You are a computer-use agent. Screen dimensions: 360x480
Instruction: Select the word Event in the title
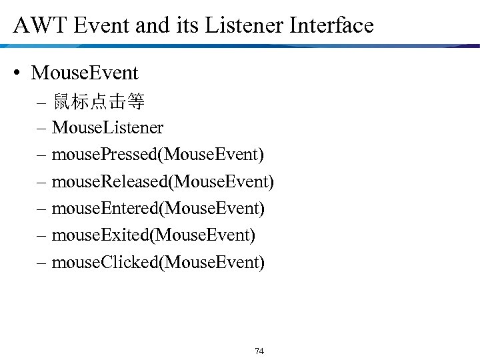(x=99, y=25)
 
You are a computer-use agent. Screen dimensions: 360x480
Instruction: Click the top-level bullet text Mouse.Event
(x=85, y=73)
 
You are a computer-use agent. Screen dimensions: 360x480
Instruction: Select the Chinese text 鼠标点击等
(x=99, y=102)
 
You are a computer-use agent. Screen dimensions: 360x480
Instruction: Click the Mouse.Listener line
(x=107, y=127)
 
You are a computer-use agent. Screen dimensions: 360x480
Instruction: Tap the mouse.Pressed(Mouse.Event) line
(x=157, y=155)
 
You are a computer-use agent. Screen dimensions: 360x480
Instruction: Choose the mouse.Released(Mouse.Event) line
(x=163, y=181)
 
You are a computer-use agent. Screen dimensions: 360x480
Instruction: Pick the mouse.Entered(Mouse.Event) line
(x=158, y=209)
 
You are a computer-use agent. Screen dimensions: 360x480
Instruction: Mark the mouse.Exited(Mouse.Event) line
(x=153, y=235)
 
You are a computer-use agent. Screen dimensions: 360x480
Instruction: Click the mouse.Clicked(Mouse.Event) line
(x=158, y=262)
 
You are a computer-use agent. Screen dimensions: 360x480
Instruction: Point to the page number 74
(x=259, y=351)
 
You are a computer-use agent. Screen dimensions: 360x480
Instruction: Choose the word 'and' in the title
(x=151, y=25)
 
